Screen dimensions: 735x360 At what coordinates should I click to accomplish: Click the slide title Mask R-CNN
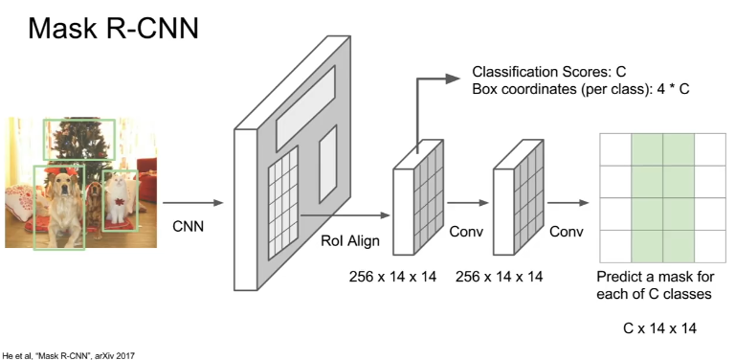(x=114, y=28)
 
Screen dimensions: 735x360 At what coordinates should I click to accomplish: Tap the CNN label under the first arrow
(x=189, y=226)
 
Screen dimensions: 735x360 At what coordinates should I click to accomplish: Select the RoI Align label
(x=350, y=241)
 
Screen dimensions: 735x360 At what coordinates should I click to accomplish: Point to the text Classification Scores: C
(x=549, y=72)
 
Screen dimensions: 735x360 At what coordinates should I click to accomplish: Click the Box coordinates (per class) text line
(x=581, y=89)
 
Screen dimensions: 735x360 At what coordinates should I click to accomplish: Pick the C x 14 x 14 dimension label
(x=660, y=328)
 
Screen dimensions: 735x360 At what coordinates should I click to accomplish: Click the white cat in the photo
(x=117, y=198)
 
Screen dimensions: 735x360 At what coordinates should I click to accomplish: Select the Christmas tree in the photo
(x=79, y=141)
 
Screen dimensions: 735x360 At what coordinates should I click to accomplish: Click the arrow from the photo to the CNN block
(x=192, y=203)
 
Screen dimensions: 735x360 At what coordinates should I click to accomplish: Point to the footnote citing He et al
(x=69, y=356)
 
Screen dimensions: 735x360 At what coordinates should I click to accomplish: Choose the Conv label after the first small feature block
(x=466, y=232)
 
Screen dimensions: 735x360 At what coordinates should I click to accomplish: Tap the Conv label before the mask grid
(x=567, y=232)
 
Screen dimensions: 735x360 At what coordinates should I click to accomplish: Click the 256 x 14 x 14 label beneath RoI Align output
(x=392, y=277)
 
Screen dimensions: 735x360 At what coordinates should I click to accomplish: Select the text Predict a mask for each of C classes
(x=656, y=285)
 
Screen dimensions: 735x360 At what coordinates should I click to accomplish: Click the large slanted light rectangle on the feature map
(x=305, y=108)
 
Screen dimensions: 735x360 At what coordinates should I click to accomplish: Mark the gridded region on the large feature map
(x=283, y=203)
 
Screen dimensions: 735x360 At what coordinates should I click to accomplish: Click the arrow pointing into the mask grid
(x=568, y=203)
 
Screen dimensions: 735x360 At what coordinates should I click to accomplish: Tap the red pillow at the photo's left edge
(x=20, y=202)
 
